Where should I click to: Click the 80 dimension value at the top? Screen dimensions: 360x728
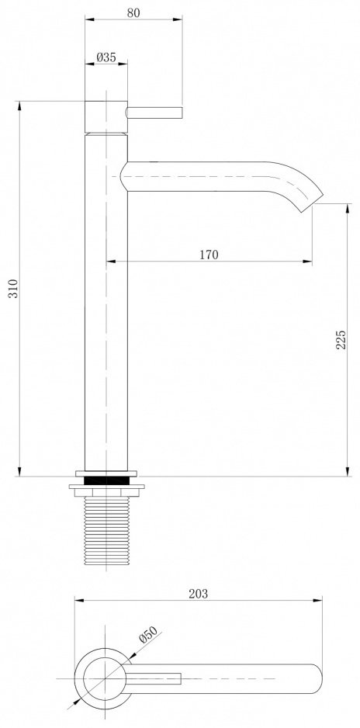133,13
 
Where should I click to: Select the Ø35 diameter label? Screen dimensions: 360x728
106,57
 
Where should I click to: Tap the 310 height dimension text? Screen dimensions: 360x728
13,288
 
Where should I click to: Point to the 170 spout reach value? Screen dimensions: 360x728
209,255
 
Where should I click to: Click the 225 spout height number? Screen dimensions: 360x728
341,340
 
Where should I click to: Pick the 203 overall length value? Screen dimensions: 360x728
198,594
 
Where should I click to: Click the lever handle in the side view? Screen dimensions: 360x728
154,113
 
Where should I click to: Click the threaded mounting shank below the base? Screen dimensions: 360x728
106,530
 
